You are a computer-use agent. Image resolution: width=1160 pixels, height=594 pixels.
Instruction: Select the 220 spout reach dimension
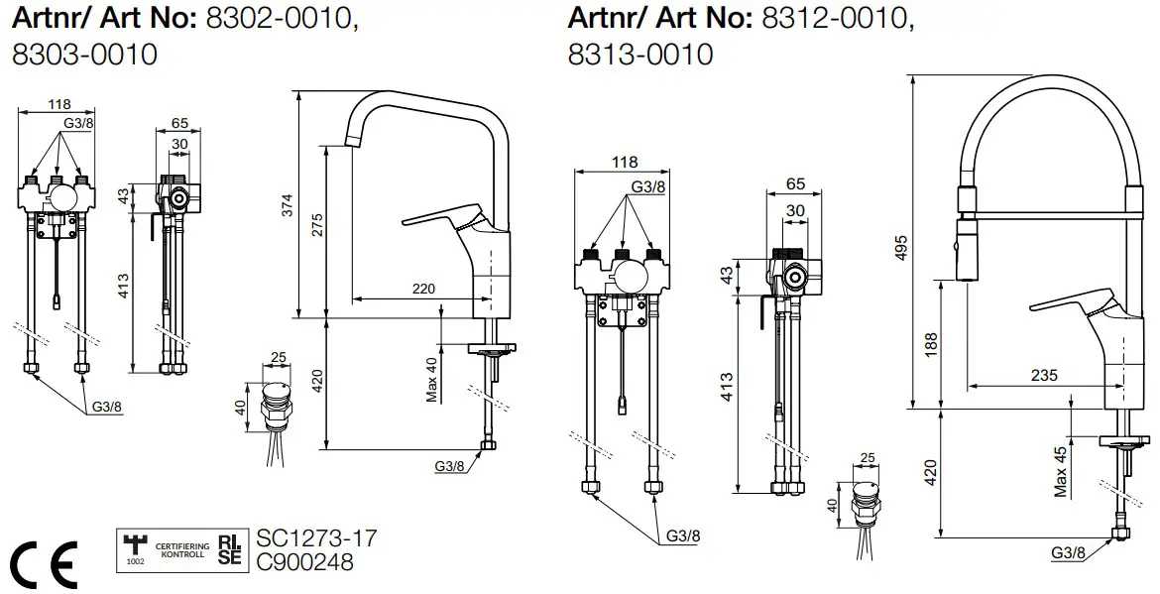423,289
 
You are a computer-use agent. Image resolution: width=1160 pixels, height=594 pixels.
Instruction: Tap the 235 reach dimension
1043,375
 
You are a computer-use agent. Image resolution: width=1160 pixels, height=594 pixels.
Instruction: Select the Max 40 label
431,379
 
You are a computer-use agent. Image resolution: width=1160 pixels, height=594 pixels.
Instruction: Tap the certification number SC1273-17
316,538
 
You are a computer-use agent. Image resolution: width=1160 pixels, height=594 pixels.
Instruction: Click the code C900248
304,562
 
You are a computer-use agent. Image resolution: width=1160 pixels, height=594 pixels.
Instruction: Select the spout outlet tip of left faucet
349,139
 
